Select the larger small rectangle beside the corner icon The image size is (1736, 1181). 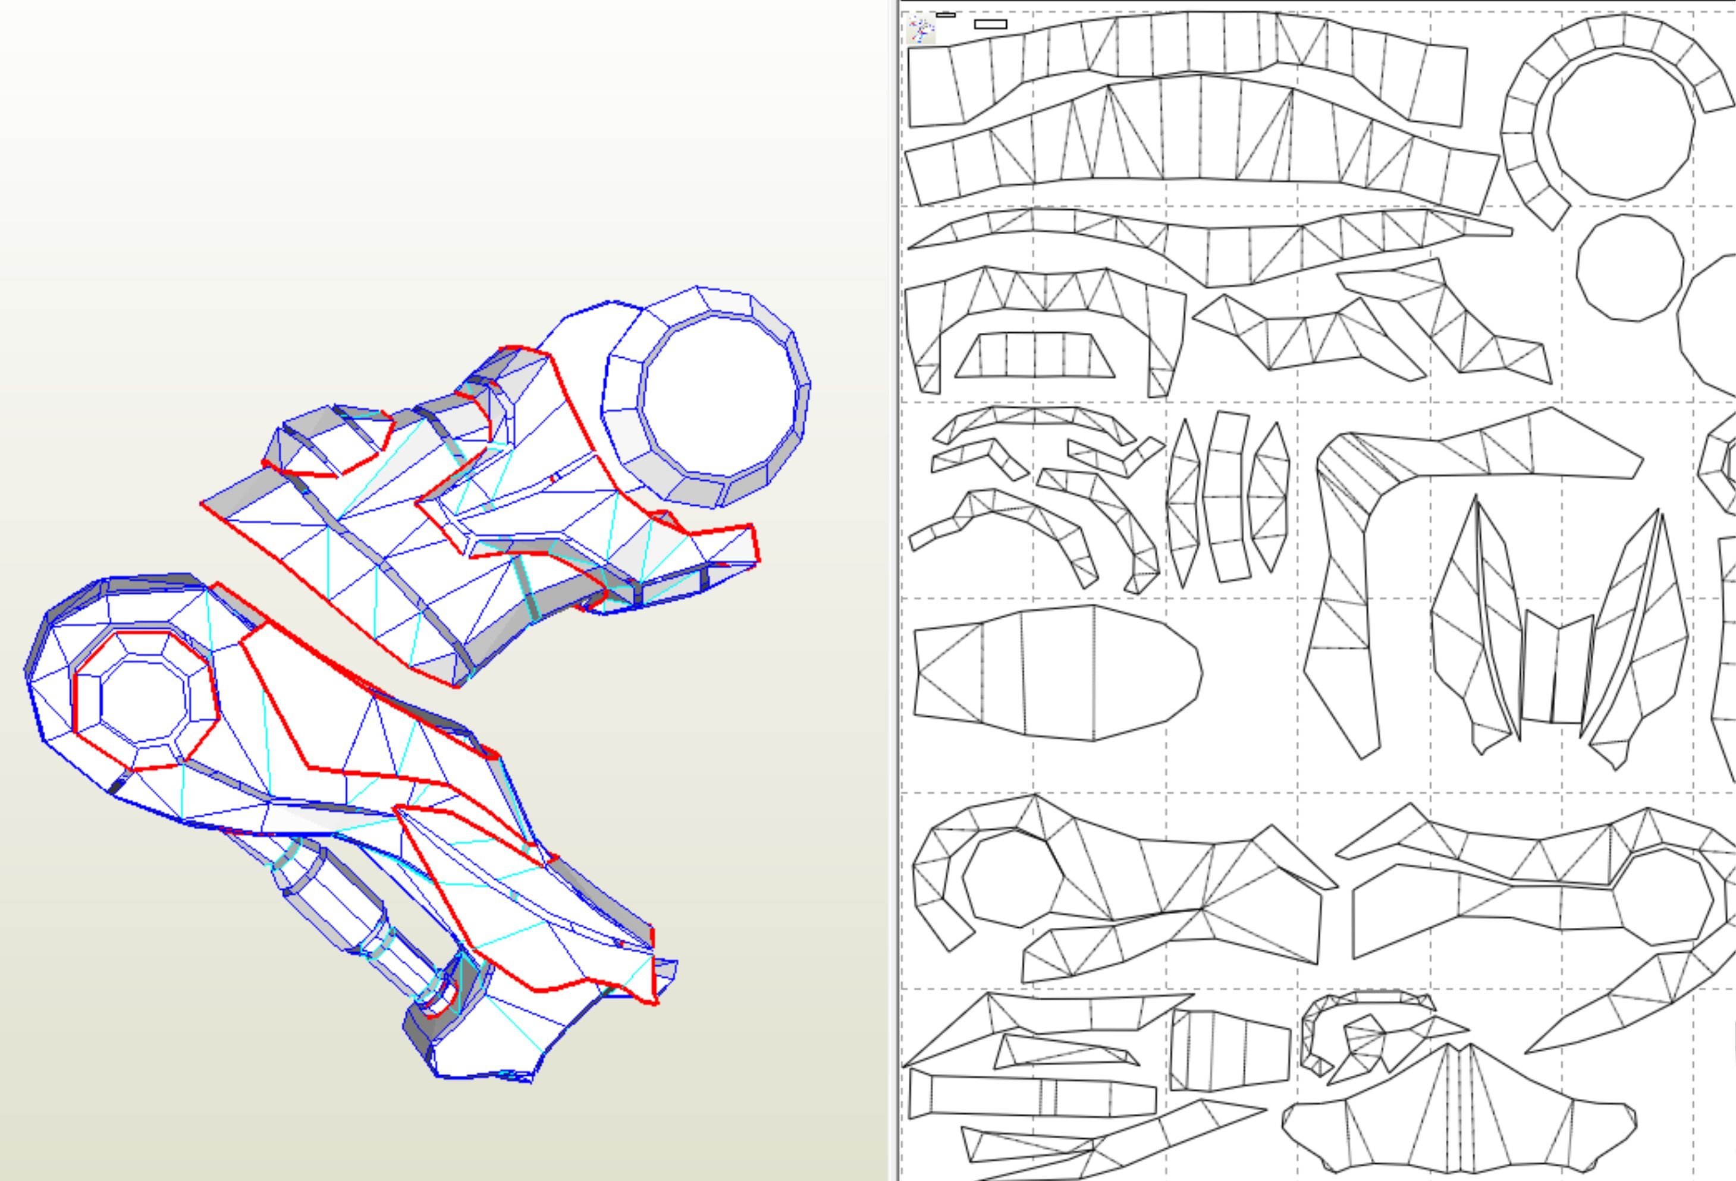[x=990, y=24]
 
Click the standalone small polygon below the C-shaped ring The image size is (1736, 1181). [x=1630, y=268]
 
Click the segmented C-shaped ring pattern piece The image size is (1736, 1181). [x=1524, y=149]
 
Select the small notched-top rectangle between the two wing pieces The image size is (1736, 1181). [x=1557, y=669]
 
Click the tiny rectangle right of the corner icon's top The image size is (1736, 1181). [x=946, y=14]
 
